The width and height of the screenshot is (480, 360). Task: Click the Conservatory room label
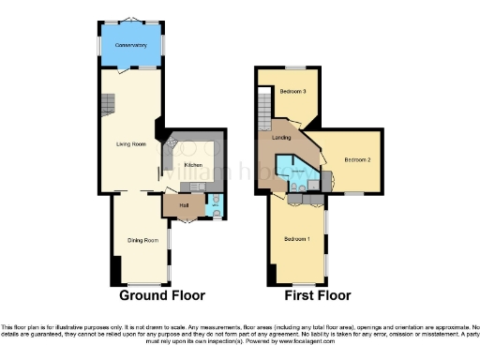[131, 45]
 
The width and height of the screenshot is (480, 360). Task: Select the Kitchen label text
[193, 165]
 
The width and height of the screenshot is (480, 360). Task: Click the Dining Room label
[142, 241]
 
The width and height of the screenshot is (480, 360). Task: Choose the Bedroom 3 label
[293, 91]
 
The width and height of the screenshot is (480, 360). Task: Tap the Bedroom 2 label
[357, 160]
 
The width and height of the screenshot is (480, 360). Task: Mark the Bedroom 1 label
[297, 238]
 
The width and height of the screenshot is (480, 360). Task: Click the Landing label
[280, 139]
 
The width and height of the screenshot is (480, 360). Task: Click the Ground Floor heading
[161, 295]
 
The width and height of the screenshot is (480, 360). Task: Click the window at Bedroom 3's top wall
[295, 68]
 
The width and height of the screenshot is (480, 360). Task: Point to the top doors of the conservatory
[131, 21]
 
